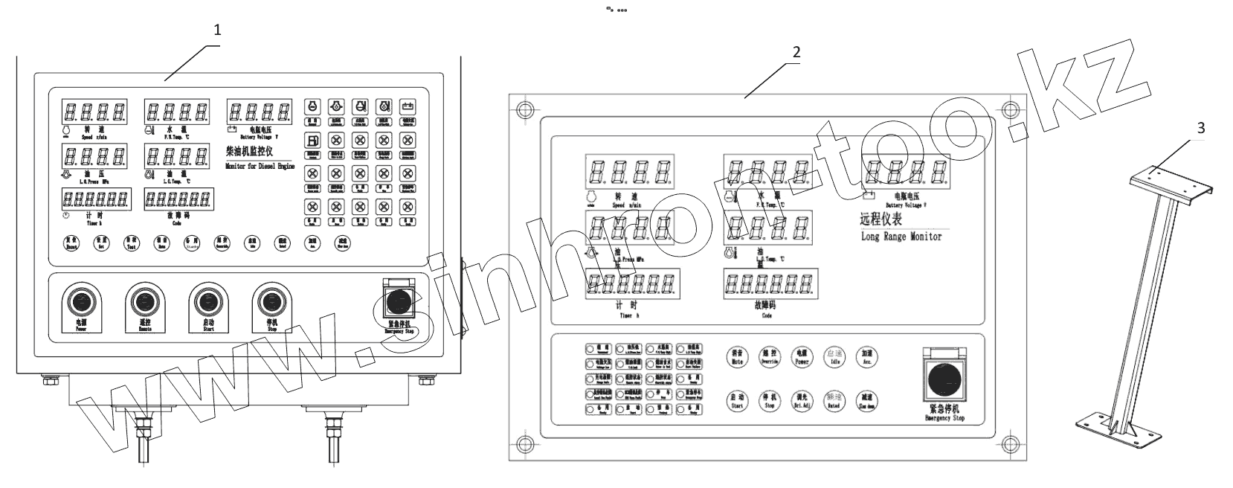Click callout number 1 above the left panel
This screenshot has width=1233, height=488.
coord(217,30)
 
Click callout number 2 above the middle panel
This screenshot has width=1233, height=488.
coord(796,53)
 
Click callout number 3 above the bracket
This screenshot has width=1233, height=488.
coord(1200,128)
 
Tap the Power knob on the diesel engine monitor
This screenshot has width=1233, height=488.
coord(81,301)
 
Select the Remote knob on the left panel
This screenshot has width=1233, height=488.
coord(144,301)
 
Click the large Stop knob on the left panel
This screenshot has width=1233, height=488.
coord(271,301)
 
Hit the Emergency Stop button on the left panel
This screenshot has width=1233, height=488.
coord(399,301)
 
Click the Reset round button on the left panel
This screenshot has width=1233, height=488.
coord(71,243)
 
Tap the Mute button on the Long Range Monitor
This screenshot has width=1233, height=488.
coord(737,357)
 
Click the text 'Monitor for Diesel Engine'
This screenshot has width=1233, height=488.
coord(260,167)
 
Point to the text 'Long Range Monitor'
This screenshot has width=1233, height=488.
coord(901,237)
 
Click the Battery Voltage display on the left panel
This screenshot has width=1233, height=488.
coord(260,113)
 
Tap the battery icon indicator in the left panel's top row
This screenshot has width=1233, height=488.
coord(407,106)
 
